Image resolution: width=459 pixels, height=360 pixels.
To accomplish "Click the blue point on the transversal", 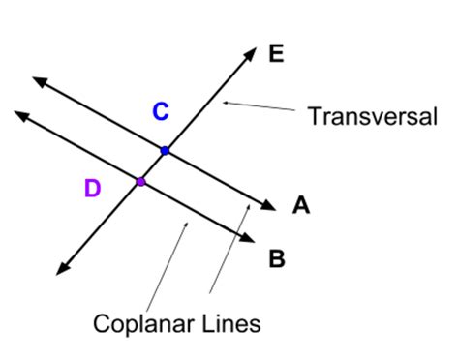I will (x=165, y=150).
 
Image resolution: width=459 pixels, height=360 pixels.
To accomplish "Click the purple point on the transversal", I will (x=140, y=181).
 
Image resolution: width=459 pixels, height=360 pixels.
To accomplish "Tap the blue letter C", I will (x=161, y=112).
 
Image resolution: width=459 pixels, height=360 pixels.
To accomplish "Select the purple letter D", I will (x=92, y=189).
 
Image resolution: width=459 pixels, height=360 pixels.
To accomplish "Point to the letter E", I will (x=276, y=54).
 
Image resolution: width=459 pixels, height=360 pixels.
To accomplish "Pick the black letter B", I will (x=276, y=258).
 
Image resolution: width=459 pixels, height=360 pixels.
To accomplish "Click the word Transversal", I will (x=373, y=117).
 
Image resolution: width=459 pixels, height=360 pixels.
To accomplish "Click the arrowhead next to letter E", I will (x=251, y=52).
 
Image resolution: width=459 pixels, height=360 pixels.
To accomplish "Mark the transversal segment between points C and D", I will (x=153, y=165).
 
